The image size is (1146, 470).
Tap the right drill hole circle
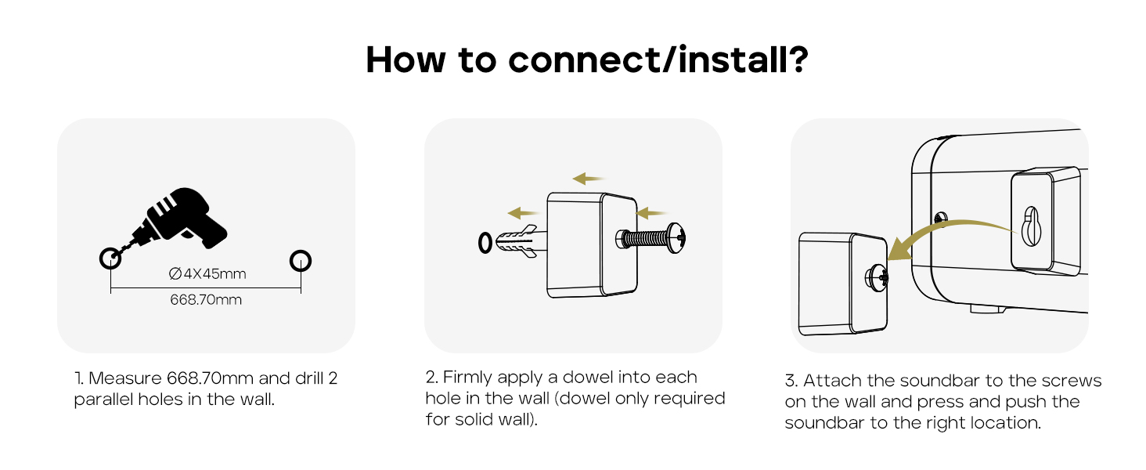(301, 260)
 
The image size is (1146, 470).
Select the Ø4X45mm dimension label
(207, 273)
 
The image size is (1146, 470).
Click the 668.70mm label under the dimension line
(206, 300)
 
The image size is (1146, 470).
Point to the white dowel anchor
(517, 242)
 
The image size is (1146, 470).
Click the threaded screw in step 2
(650, 236)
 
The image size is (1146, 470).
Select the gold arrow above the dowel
(523, 212)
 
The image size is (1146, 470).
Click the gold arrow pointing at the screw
(651, 211)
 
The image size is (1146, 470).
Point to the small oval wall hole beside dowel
(485, 244)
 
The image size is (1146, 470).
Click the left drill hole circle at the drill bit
(110, 258)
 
